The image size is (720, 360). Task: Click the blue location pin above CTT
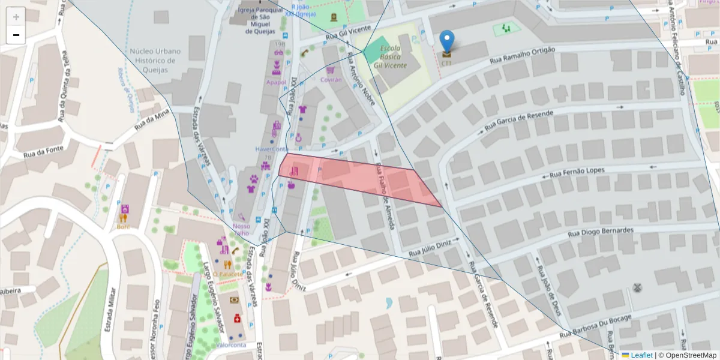coord(447,41)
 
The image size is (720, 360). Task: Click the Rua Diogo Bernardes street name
coord(602,231)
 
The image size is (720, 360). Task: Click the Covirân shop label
coord(331,79)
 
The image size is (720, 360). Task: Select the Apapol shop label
coord(277,82)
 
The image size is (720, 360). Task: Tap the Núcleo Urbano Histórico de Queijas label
coord(152,61)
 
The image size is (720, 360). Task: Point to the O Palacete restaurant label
coord(227,274)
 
